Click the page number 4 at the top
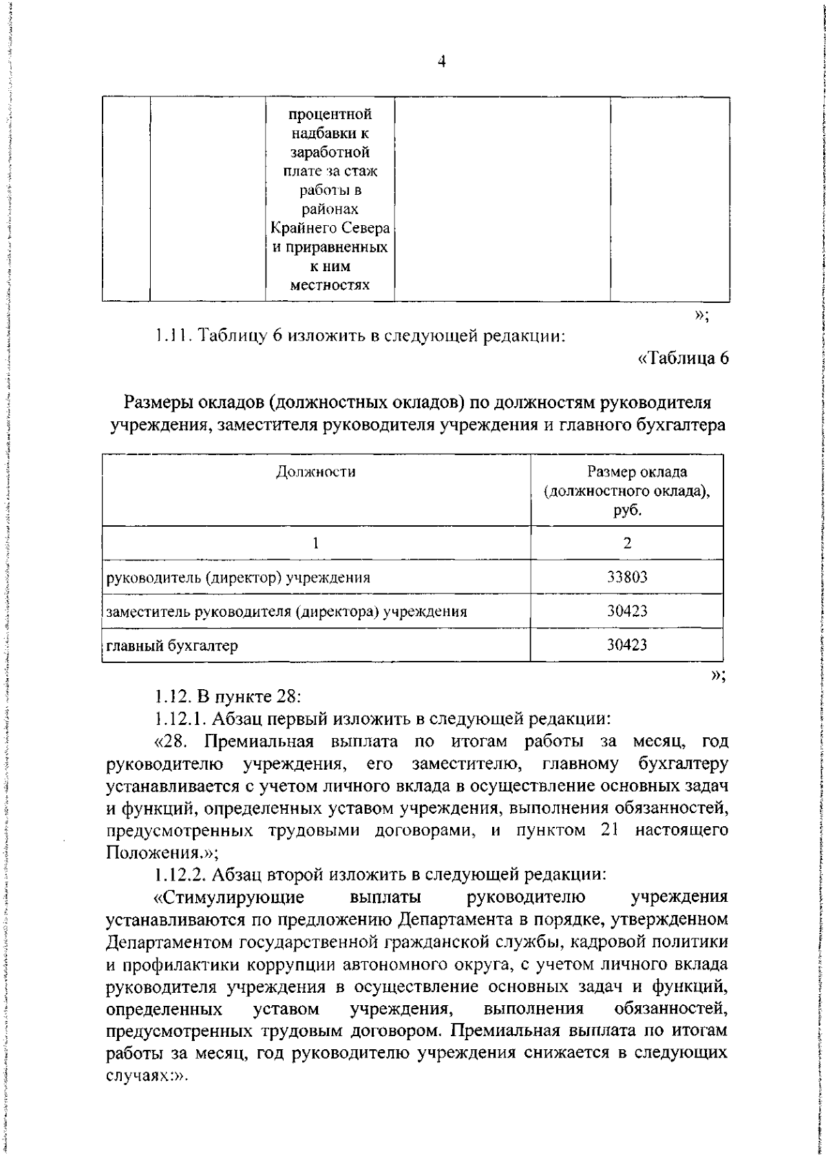click(x=441, y=62)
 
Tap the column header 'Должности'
click(x=316, y=472)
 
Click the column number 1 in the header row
click(x=316, y=543)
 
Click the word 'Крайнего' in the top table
click(x=300, y=228)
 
